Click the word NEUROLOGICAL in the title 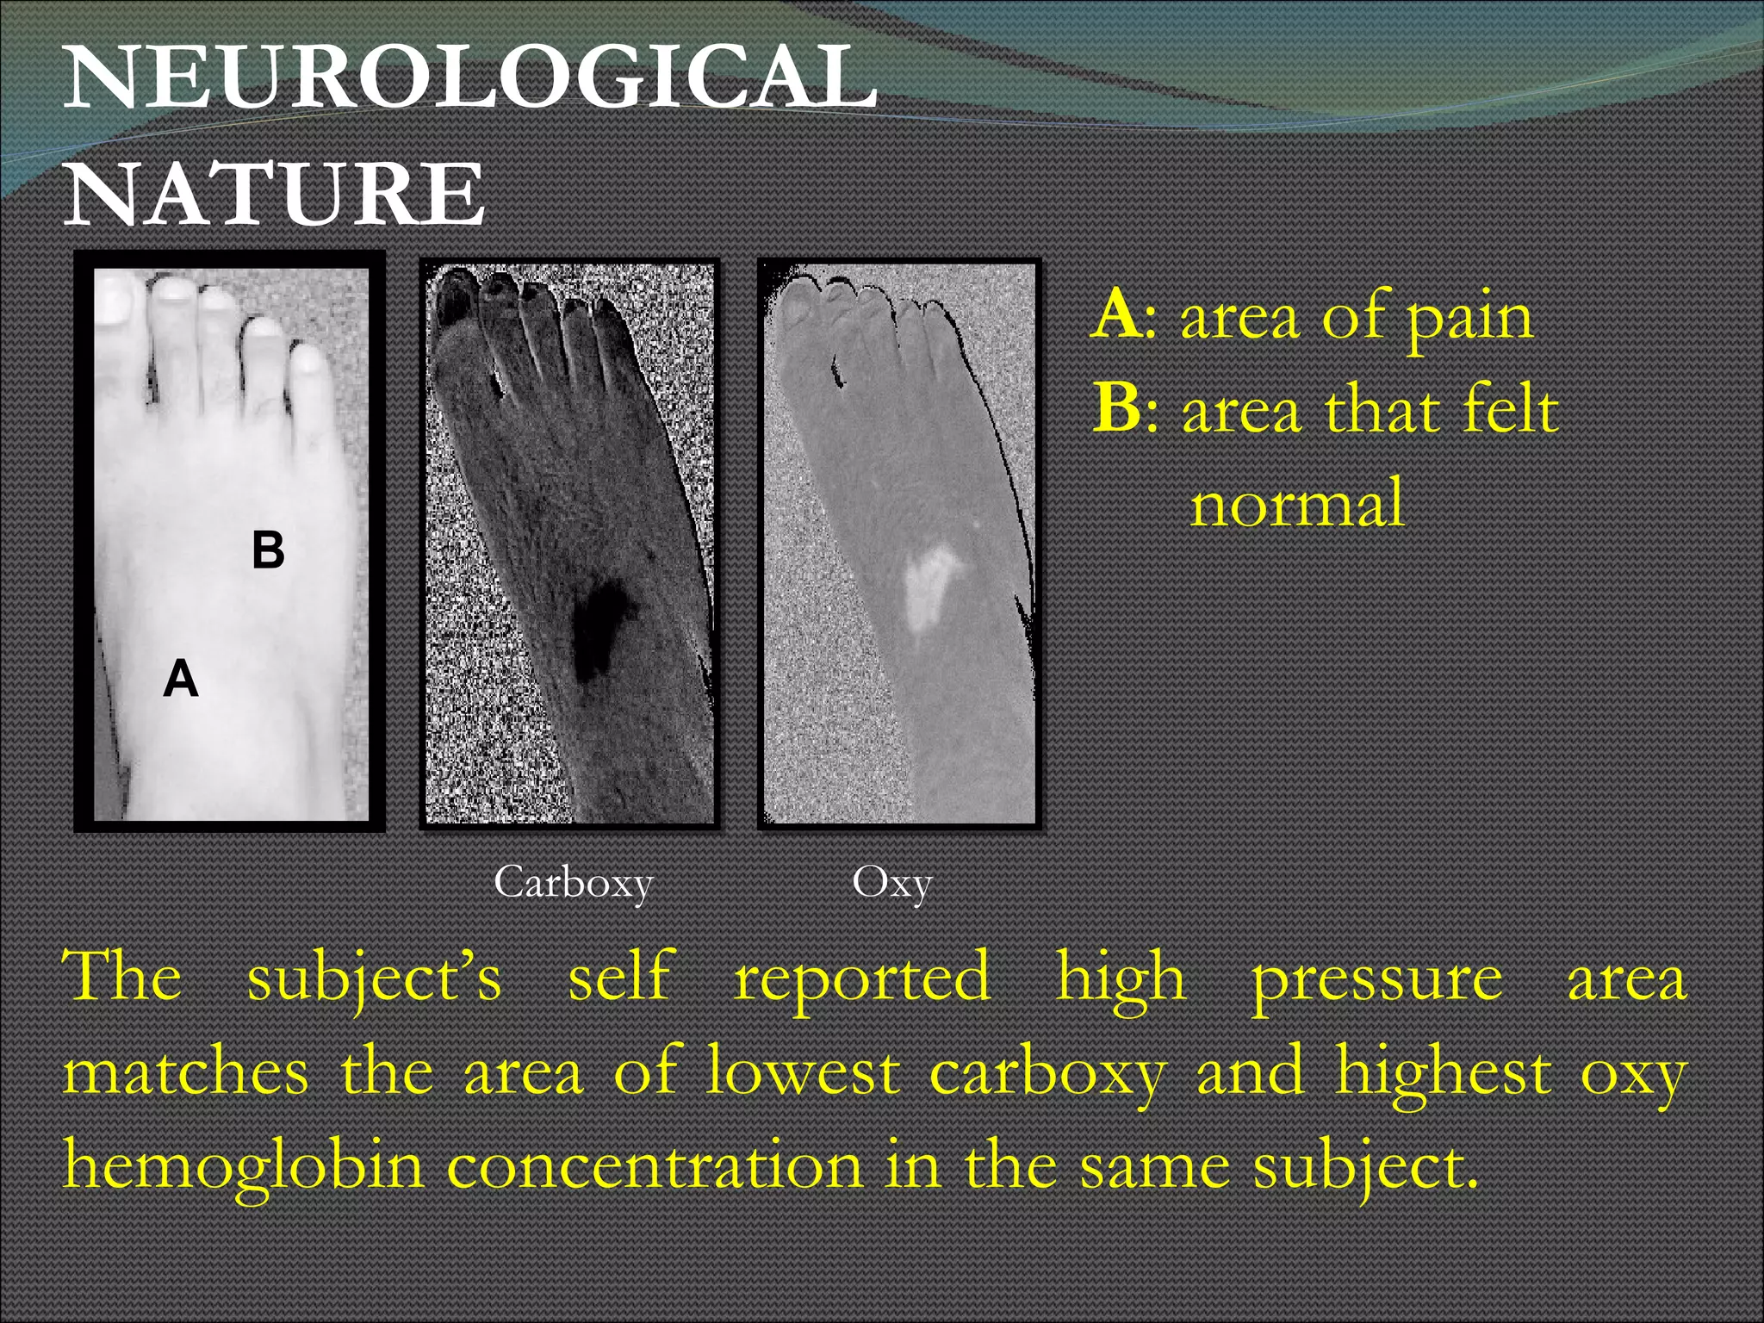(x=469, y=79)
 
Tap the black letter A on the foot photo (x=181, y=679)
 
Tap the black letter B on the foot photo (x=268, y=550)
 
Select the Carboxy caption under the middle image (x=574, y=883)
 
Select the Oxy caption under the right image (x=891, y=883)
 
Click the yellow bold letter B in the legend (x=1119, y=408)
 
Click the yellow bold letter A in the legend (x=1117, y=315)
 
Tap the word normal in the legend (x=1297, y=503)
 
